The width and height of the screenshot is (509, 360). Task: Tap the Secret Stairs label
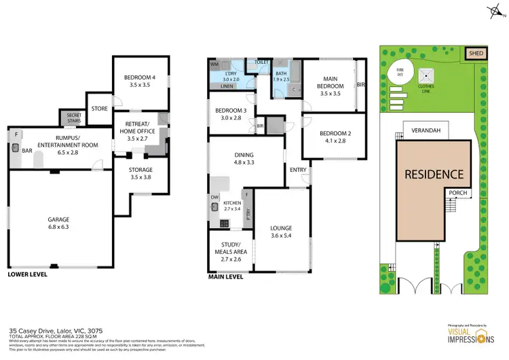(71, 118)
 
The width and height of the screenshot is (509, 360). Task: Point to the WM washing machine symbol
(214, 65)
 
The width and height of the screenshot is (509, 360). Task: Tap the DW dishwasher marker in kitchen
(215, 198)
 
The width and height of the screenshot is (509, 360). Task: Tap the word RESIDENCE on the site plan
(434, 174)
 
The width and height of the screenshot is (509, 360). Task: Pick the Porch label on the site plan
(455, 192)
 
